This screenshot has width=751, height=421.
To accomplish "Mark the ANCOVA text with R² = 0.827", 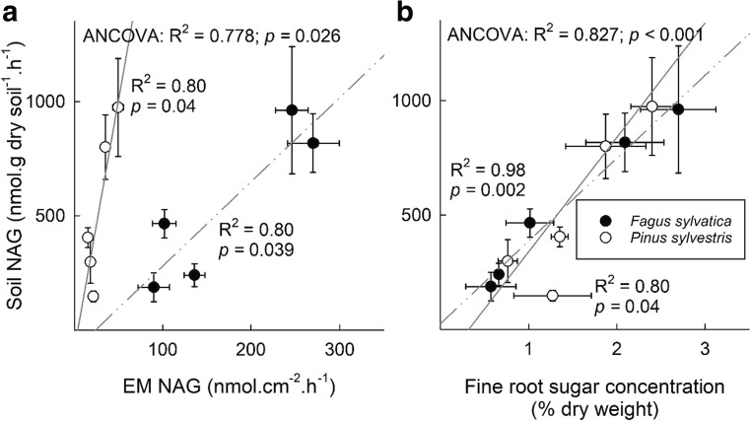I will point(576,36).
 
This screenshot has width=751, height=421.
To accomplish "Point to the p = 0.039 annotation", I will point(257,250).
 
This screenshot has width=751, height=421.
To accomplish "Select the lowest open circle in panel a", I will point(94,296).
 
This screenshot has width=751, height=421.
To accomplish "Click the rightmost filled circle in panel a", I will point(312,143).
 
